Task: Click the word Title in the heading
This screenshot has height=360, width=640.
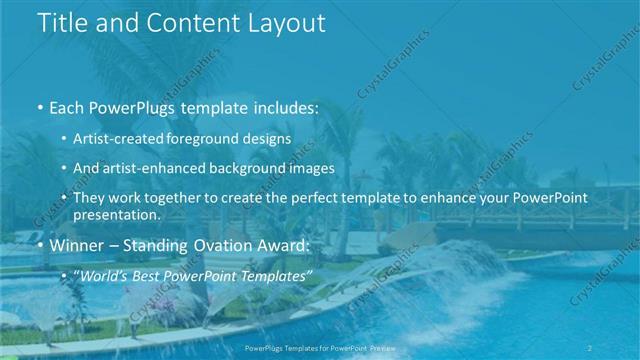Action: coord(62,24)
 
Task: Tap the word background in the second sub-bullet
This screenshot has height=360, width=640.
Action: coord(254,168)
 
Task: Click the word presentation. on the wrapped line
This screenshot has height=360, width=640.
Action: coord(116,214)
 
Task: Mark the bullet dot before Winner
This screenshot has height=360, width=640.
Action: coord(39,246)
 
